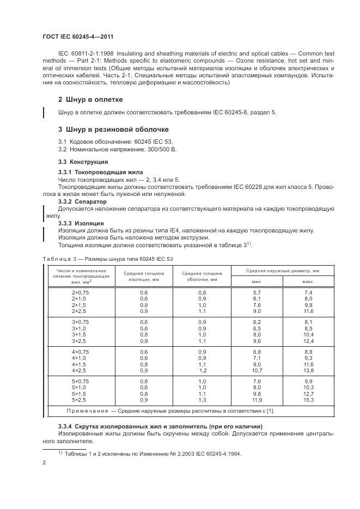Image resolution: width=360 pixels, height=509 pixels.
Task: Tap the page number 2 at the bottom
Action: (x=44, y=463)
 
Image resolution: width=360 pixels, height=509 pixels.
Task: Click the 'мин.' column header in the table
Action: (x=257, y=281)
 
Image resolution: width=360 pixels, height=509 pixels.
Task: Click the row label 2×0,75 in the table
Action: (x=80, y=292)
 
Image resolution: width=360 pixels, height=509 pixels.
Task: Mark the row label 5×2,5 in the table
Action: (x=80, y=400)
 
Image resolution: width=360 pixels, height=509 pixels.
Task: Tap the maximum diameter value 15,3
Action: (x=308, y=400)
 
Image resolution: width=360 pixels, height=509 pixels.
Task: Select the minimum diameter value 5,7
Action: (x=257, y=292)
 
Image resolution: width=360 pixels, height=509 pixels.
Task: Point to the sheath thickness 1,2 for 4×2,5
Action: (x=202, y=370)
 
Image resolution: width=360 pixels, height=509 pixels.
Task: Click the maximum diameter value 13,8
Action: (x=308, y=370)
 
